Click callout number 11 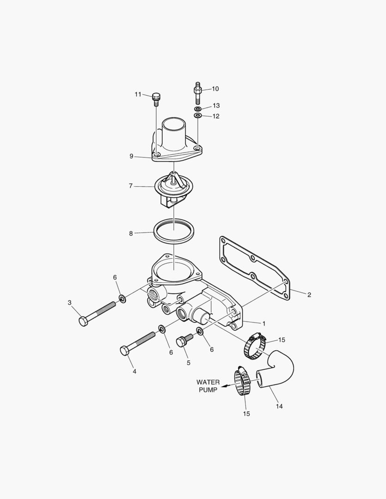click(x=138, y=94)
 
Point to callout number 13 click(x=216, y=106)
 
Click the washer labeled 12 click(x=197, y=115)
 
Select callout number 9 click(x=131, y=156)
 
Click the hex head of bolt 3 click(x=83, y=321)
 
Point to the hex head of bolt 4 click(x=124, y=350)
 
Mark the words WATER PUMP click(x=208, y=386)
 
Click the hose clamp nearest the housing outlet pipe click(x=255, y=347)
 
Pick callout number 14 click(x=279, y=407)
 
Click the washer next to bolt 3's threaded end click(x=123, y=298)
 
